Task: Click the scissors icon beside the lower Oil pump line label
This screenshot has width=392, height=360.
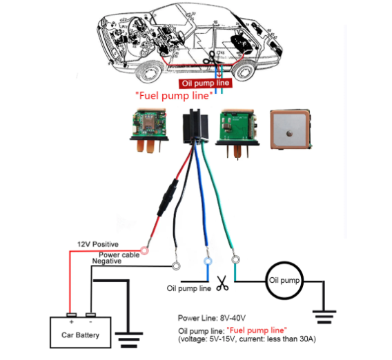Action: tap(222, 283)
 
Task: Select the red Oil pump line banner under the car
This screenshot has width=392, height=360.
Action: tap(206, 83)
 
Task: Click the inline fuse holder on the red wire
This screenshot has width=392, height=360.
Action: tap(168, 197)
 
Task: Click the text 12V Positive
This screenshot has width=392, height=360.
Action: tap(98, 244)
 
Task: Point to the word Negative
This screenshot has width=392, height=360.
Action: tap(107, 261)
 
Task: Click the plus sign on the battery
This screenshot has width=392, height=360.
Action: tap(72, 322)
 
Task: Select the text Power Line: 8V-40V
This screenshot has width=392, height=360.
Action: tap(211, 318)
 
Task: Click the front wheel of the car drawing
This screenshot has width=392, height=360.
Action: tap(148, 72)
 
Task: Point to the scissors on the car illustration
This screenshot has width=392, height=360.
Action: tap(209, 58)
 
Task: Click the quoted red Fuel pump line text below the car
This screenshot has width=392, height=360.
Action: tap(174, 96)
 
